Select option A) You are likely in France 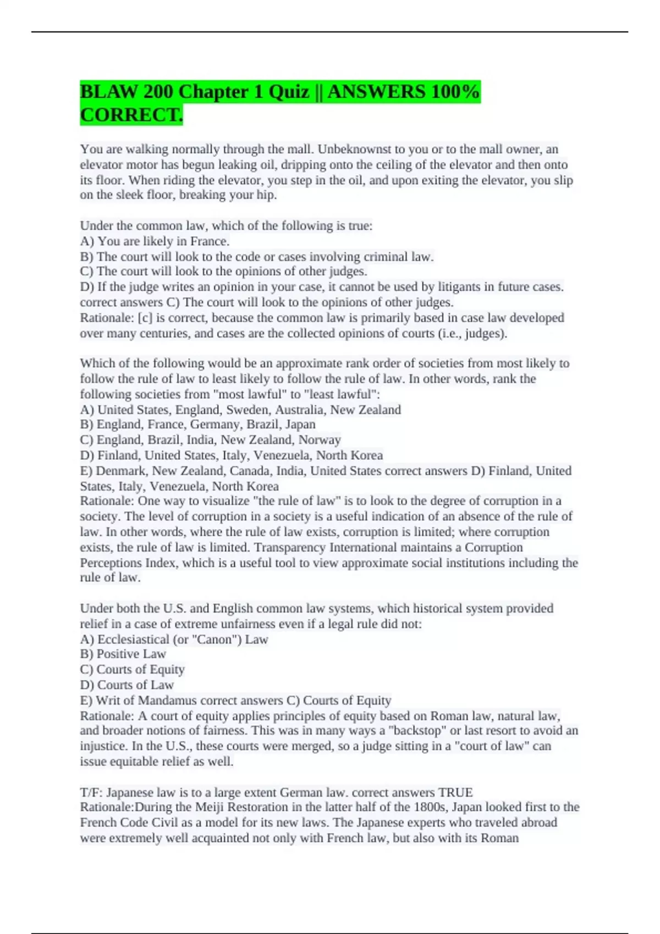155,241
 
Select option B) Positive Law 123,654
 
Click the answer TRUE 455,793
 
